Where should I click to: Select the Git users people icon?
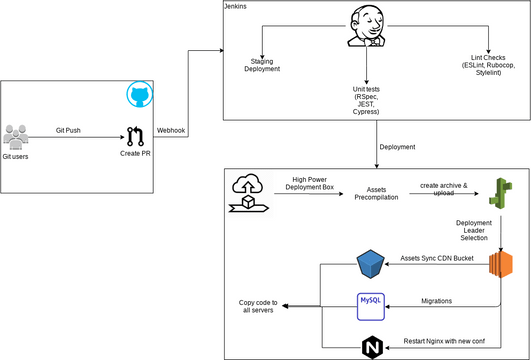tap(17, 136)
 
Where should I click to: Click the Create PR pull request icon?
tap(137, 136)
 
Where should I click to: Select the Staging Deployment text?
tap(263, 66)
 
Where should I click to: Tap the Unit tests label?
tap(366, 100)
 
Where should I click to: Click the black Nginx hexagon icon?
tap(371, 346)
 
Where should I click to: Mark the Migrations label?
tap(436, 299)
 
